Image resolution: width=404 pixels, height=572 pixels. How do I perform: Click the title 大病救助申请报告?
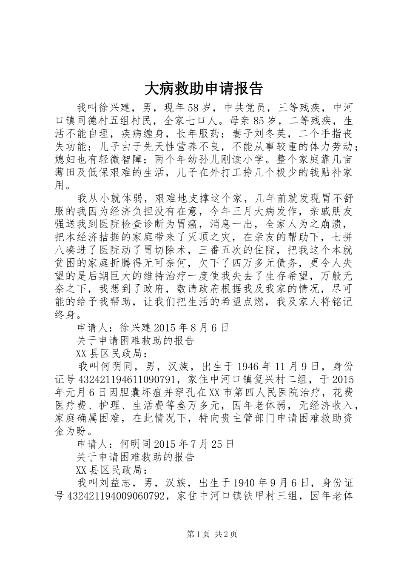pyautogui.click(x=204, y=88)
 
